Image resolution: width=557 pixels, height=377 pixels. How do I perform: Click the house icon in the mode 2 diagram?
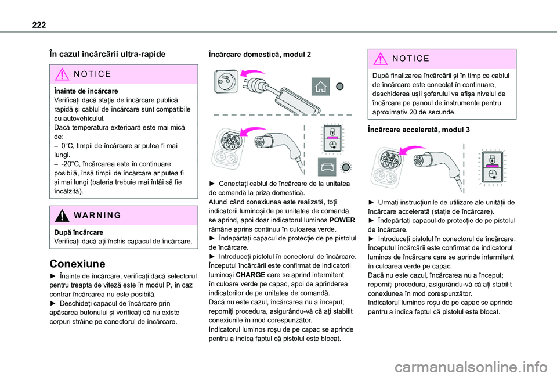(320, 87)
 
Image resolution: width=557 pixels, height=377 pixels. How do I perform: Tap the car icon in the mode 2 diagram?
(327, 167)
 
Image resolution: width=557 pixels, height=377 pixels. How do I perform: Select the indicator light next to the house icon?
(340, 86)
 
